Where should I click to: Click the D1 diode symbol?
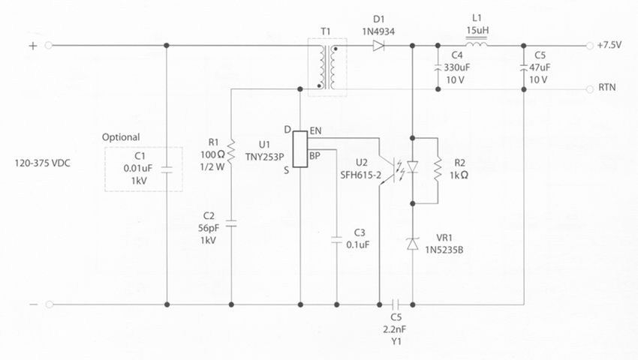tap(378, 46)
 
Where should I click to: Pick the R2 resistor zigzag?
tap(438, 171)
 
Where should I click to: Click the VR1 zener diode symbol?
tap(412, 243)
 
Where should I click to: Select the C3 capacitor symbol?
tap(337, 241)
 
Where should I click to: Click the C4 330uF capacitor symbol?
tap(437, 67)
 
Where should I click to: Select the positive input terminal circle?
tap(50, 46)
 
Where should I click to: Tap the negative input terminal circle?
tap(50, 304)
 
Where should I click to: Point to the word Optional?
tap(121, 137)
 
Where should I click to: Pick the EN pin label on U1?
tap(315, 131)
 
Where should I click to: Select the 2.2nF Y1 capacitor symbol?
tap(397, 304)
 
